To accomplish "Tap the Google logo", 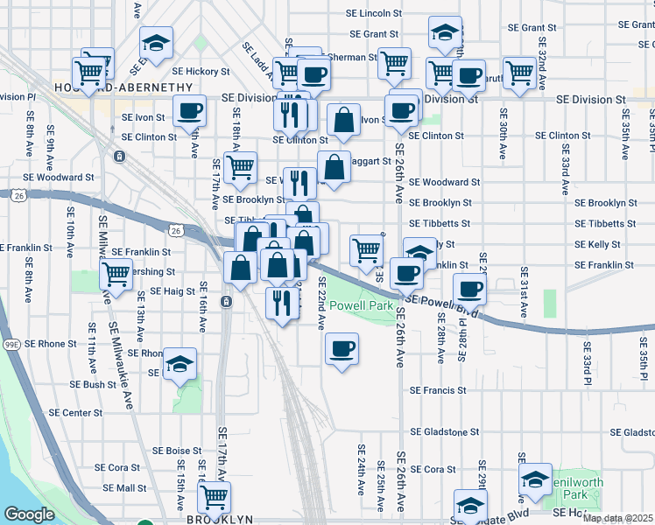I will point(30,514).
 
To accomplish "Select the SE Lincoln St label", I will point(374,14).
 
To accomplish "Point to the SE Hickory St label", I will point(201,71).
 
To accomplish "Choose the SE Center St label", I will point(76,412).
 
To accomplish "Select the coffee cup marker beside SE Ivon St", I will point(189,112).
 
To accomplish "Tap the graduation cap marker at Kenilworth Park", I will point(535,479).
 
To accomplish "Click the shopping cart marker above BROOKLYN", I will point(214,496).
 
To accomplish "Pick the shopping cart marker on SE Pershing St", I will point(116,273).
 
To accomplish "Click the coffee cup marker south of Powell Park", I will point(342,348).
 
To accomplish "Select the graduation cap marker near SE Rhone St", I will point(180,363).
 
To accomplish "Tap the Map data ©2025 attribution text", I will point(618,518).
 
